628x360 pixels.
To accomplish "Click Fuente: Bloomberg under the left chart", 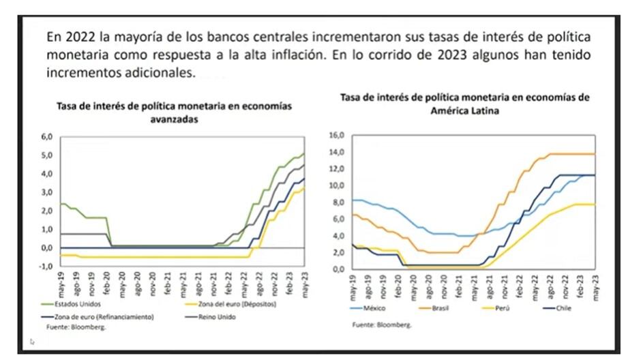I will point(74,327).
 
